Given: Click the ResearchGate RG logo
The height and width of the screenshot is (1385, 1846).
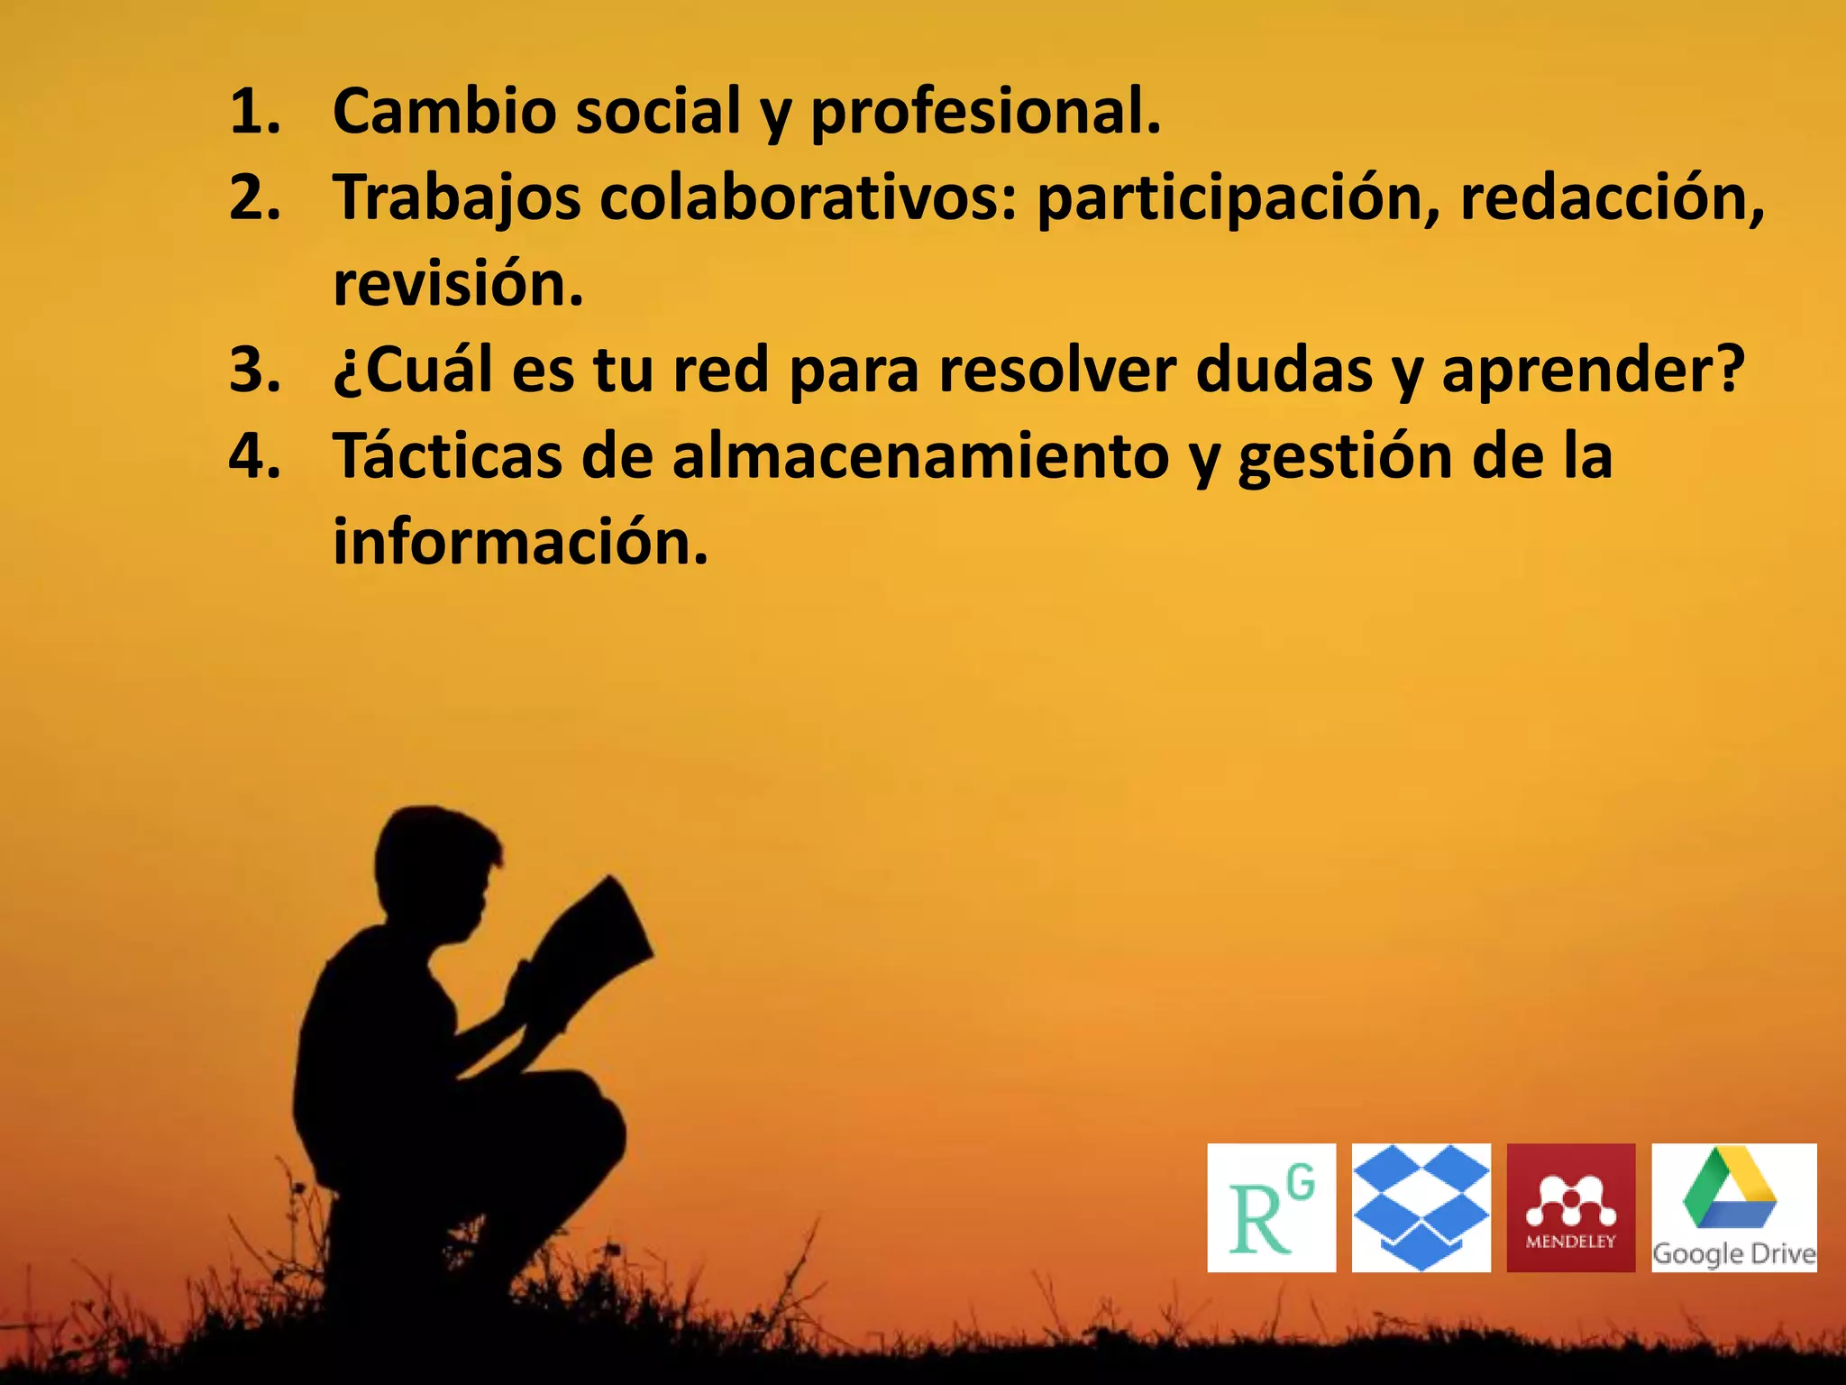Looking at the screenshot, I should coord(1271,1207).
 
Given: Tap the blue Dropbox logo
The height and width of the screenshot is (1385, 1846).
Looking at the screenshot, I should coord(1421,1207).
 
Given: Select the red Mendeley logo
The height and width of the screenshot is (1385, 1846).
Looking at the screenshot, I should coord(1570,1207).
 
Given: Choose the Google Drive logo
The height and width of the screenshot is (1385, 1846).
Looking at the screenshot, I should coord(1733,1207).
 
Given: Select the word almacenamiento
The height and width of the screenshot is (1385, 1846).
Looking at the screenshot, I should coord(920,456).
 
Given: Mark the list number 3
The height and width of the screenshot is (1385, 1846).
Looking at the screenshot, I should coord(253,370).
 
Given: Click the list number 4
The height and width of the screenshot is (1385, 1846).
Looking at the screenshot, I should coord(253,456).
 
